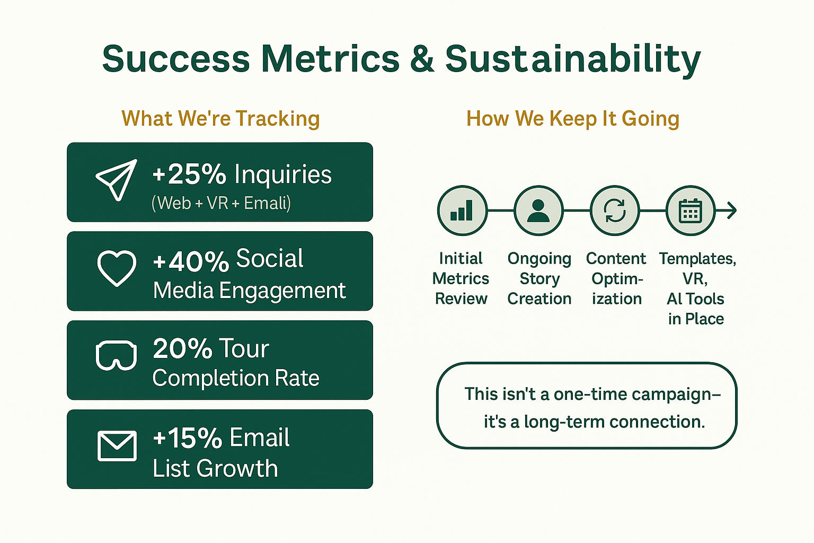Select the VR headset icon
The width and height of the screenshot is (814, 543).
tap(116, 355)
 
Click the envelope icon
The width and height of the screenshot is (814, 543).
tap(117, 446)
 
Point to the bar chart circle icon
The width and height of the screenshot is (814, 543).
tap(462, 211)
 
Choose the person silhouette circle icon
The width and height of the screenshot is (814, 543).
tap(538, 211)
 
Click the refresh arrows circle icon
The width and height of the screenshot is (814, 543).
tap(615, 211)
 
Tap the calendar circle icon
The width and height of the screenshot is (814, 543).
tap(691, 211)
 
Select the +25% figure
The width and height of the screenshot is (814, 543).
tap(189, 174)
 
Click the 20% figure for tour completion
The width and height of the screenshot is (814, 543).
tap(182, 348)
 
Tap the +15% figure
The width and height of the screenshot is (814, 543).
tap(188, 437)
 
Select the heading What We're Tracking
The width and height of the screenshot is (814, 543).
tap(220, 119)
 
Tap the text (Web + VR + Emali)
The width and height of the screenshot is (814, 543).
tap(221, 203)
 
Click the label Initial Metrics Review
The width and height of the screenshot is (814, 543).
tap(461, 278)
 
